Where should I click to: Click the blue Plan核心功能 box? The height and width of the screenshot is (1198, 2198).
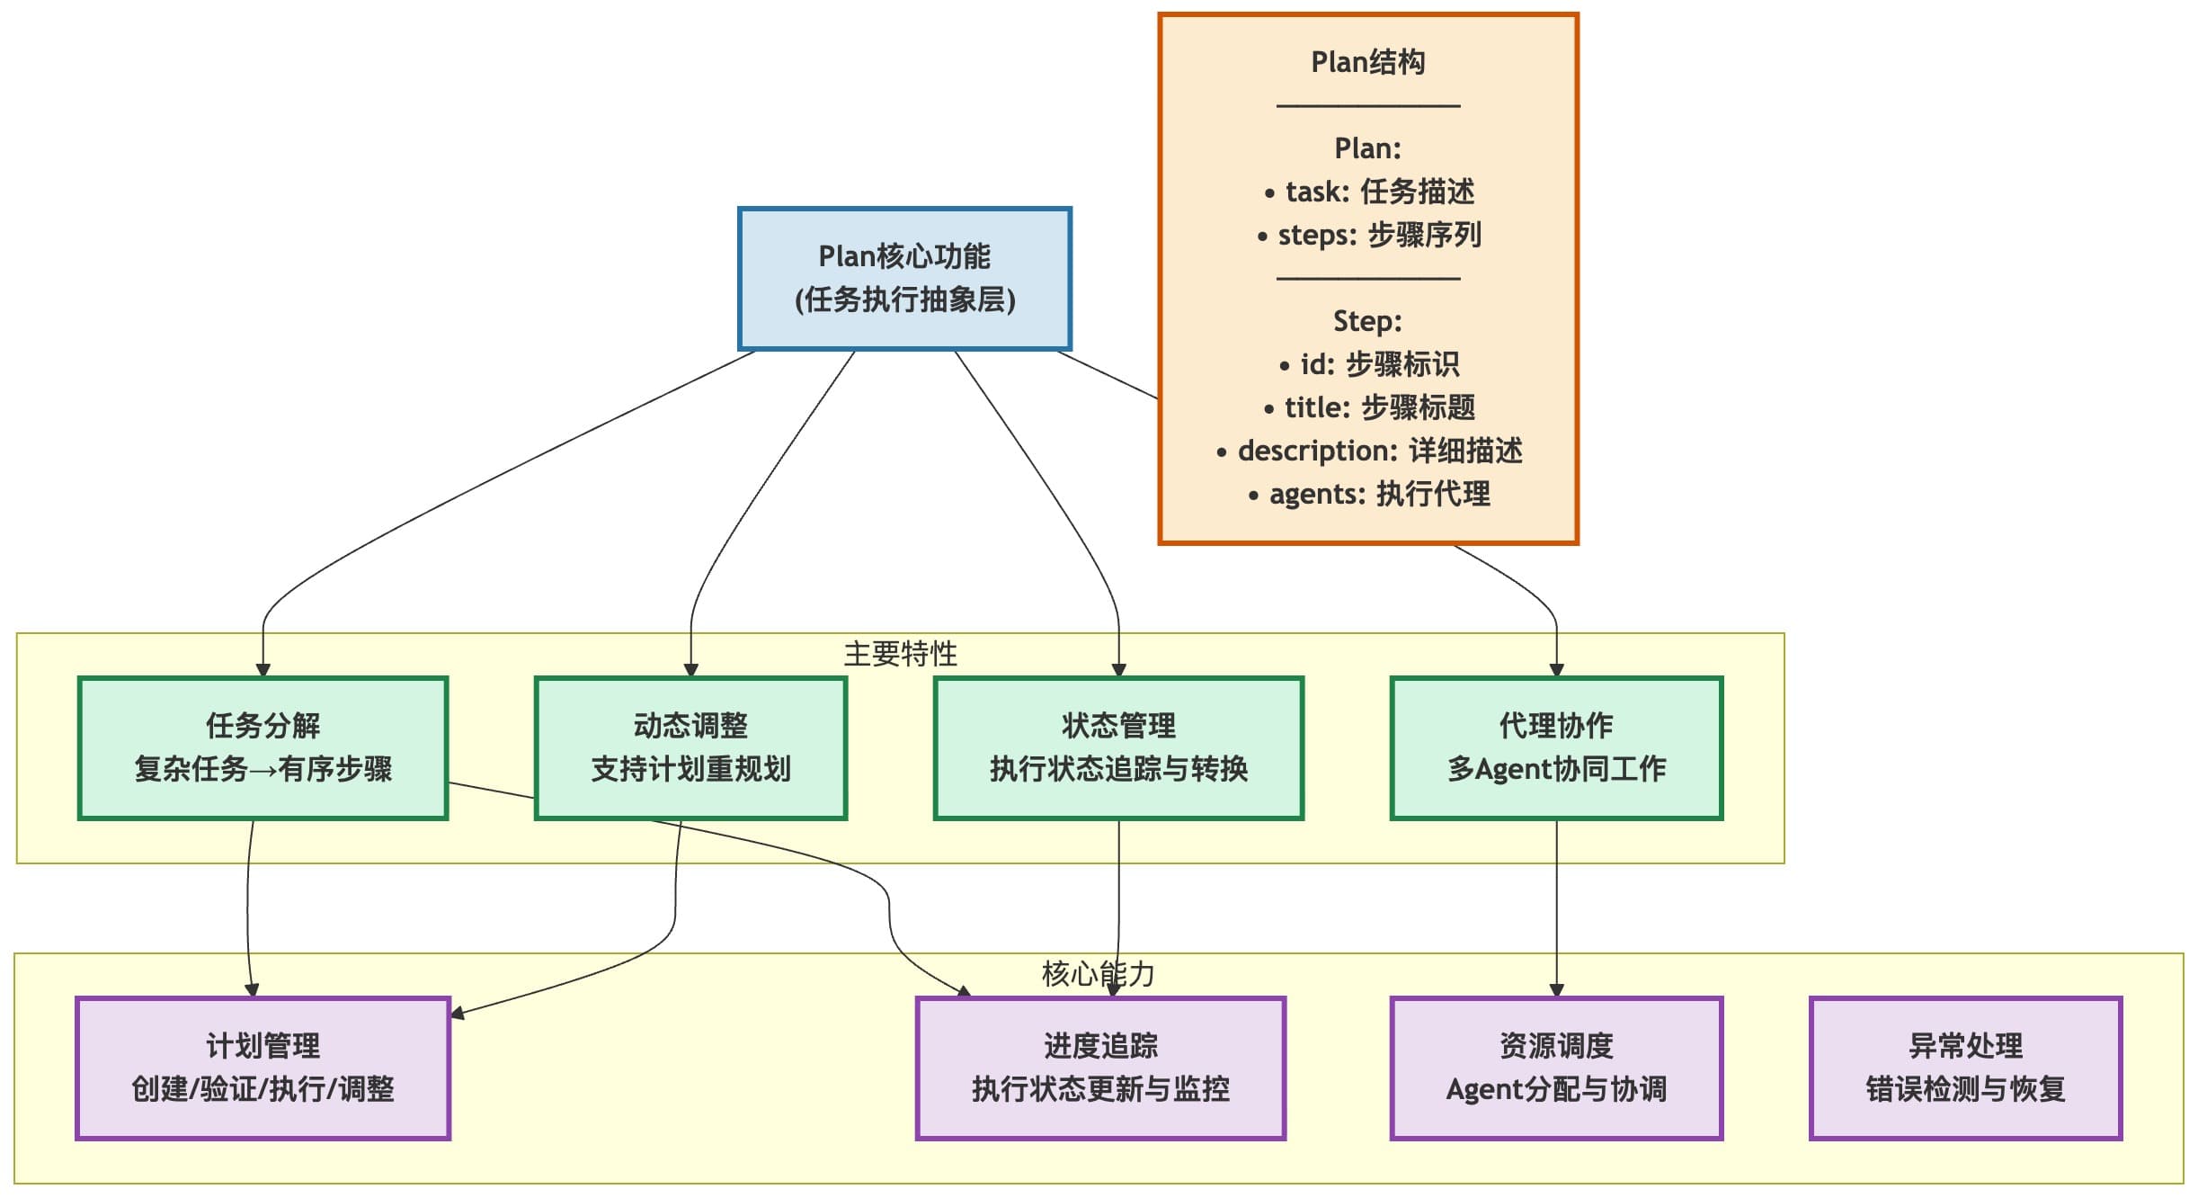click(x=904, y=279)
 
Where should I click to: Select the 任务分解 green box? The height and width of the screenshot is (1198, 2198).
click(x=263, y=747)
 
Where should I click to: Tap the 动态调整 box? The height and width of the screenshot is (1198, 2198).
click(x=690, y=747)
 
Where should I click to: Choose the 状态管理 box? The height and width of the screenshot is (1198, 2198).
click(x=1118, y=747)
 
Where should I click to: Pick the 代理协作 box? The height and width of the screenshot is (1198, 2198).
click(x=1556, y=747)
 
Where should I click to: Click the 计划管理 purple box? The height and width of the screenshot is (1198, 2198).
click(x=263, y=1068)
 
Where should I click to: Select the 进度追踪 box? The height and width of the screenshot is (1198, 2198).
click(x=1100, y=1068)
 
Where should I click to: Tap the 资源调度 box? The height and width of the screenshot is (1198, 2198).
click(x=1556, y=1068)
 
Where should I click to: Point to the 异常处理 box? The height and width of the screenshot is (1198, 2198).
click(x=1965, y=1068)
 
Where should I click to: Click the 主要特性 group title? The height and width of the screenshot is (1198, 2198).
click(x=900, y=654)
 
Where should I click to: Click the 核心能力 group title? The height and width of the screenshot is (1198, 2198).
click(x=1098, y=974)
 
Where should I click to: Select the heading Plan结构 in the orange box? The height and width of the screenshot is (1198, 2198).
click(x=1367, y=62)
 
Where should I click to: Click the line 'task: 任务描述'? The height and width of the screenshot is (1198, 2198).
click(x=1368, y=192)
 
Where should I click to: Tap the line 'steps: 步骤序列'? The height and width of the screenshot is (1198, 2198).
click(x=1368, y=235)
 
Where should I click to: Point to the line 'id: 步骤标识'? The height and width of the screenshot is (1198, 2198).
click(x=1368, y=364)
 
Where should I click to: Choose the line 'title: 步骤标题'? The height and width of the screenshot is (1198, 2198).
click(x=1368, y=407)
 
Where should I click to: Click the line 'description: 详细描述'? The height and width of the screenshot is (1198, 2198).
click(x=1368, y=451)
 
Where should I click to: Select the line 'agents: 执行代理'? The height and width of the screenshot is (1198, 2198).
click(x=1368, y=494)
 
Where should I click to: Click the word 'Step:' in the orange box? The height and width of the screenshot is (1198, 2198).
click(x=1367, y=321)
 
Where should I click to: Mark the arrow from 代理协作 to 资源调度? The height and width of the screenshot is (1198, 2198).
click(x=1556, y=908)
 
